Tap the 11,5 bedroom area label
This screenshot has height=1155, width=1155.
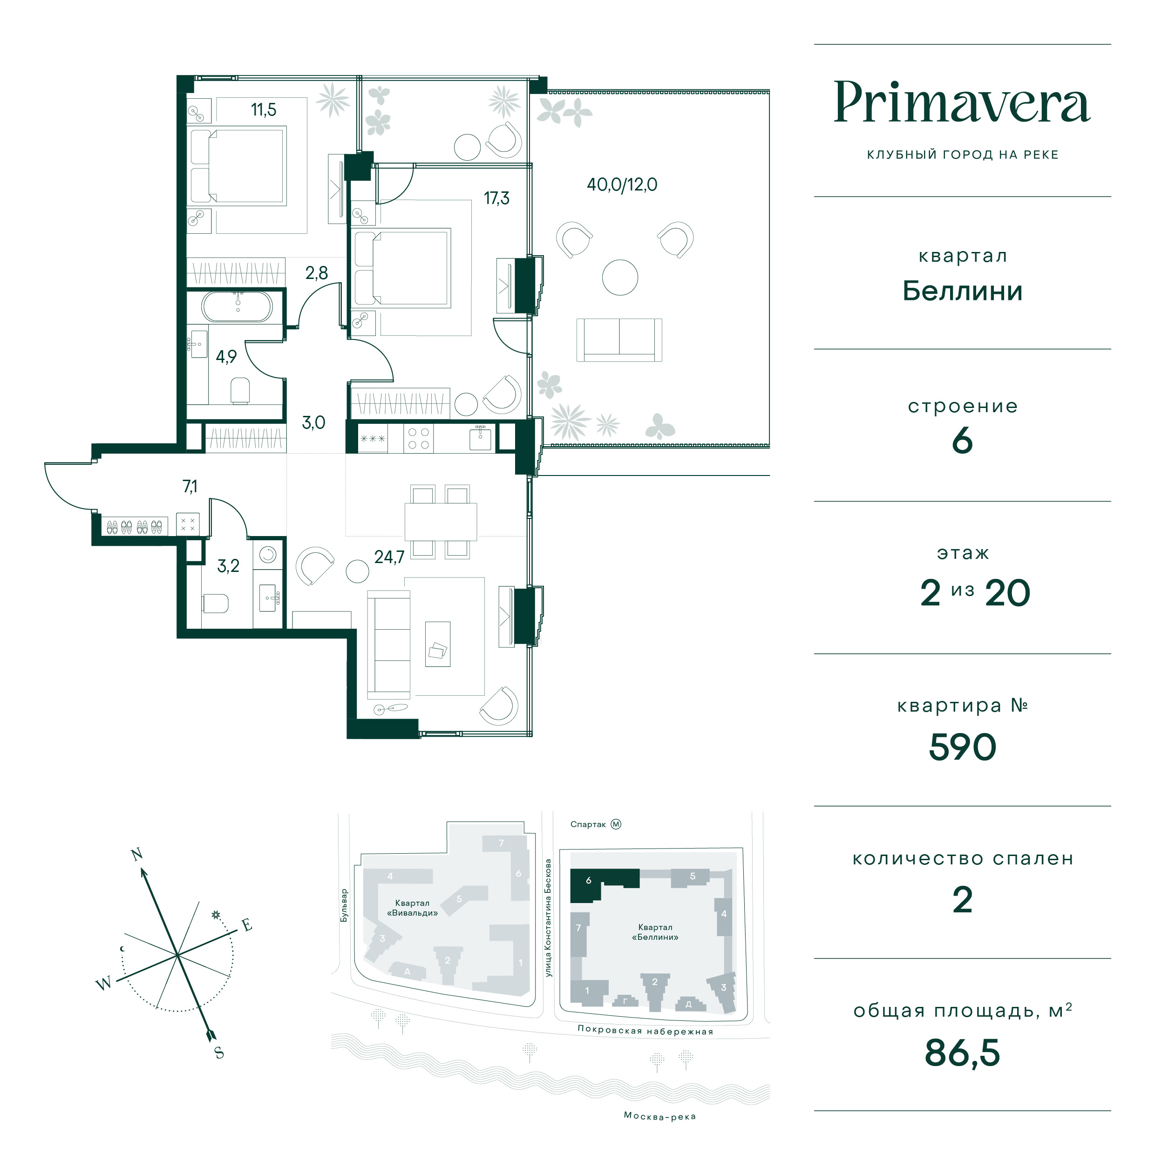[x=264, y=110]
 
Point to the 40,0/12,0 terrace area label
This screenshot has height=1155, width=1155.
[x=622, y=185]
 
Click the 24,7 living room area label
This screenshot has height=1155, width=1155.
[x=389, y=557]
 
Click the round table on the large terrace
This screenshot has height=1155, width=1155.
[x=620, y=278]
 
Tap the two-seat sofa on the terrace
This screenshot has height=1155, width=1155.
[x=619, y=340]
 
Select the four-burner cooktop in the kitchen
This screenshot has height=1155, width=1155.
[x=417, y=438]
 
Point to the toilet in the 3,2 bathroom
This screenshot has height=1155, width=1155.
[x=215, y=603]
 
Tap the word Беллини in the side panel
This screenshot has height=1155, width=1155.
[x=963, y=291]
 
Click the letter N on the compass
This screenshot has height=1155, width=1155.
[x=137, y=854]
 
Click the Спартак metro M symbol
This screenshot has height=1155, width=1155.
[x=616, y=824]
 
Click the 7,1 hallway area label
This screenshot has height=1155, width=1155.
[x=190, y=487]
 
